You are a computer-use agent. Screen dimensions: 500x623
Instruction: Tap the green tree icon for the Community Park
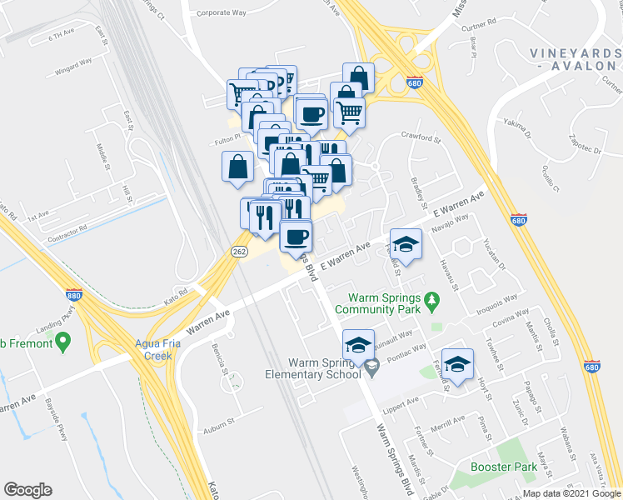[x=431, y=297]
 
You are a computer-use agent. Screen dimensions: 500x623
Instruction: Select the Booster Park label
[x=503, y=467]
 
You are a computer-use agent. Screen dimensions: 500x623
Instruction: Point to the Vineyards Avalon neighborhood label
[x=575, y=59]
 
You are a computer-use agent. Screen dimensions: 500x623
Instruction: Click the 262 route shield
[x=238, y=251]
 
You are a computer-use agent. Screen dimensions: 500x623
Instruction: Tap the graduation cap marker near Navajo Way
[x=406, y=243]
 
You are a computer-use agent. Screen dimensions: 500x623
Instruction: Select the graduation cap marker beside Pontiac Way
[x=457, y=363]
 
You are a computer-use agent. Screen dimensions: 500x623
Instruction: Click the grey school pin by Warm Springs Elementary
[x=371, y=364]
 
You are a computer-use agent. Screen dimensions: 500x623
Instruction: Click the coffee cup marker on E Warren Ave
[x=296, y=237]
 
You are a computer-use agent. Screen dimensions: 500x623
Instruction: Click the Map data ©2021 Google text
[x=571, y=493]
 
